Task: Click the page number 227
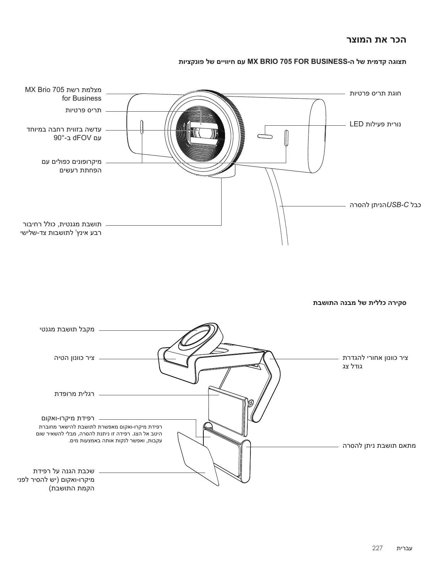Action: [377, 548]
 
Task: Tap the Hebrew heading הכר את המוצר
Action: [376, 40]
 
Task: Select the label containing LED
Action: [375, 124]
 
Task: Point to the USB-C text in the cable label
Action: [398, 205]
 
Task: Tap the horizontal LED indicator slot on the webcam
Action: [265, 137]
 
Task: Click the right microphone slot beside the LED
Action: [286, 138]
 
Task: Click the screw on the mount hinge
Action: [250, 402]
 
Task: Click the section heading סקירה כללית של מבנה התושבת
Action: [359, 303]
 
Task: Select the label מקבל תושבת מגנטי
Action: [67, 329]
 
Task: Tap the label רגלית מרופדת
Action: [74, 394]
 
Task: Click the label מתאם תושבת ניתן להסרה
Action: [379, 446]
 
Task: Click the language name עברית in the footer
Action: [404, 548]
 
